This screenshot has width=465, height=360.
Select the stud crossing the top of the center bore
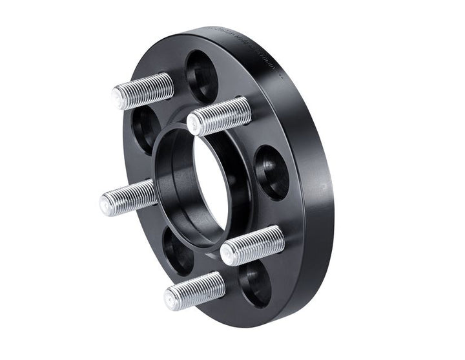pos(220,116)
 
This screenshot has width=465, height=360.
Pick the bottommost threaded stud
pos(194,290)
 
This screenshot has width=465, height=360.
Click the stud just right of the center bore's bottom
pos(252,245)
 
